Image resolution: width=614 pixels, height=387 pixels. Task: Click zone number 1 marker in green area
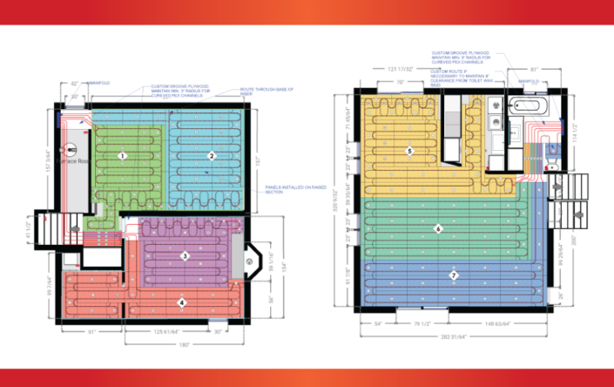coord(124,156)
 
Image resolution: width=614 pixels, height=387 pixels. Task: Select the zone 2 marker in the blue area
coord(211,156)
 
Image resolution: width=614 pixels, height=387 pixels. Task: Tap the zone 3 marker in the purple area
coord(185,255)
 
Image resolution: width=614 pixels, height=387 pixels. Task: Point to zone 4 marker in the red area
coord(182,302)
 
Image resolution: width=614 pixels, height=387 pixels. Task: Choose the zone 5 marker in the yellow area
coord(408,151)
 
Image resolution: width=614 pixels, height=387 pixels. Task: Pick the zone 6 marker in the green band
coord(439,228)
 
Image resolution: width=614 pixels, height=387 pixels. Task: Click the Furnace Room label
coord(73,161)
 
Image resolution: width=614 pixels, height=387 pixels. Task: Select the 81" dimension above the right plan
coord(533,68)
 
